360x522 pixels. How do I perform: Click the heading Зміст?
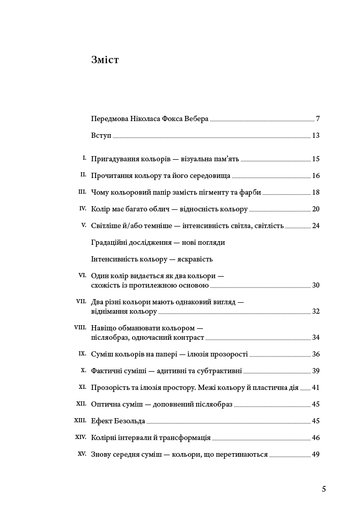click(105, 60)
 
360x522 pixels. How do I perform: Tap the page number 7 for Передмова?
click(318, 118)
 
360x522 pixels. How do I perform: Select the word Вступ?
click(101, 135)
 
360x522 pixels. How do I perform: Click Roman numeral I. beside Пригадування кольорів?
click(84, 158)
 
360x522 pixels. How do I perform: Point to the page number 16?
click(316, 175)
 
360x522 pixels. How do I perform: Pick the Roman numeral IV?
click(82, 208)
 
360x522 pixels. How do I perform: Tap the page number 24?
click(316, 226)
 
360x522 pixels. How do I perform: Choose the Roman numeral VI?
click(82, 275)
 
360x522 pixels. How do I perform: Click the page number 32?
click(316, 311)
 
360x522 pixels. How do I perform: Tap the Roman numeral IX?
click(82, 353)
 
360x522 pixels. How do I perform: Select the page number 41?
click(316, 387)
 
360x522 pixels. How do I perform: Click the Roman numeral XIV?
click(81, 436)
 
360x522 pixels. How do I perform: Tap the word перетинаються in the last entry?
click(243, 454)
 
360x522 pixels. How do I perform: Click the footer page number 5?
click(324, 489)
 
